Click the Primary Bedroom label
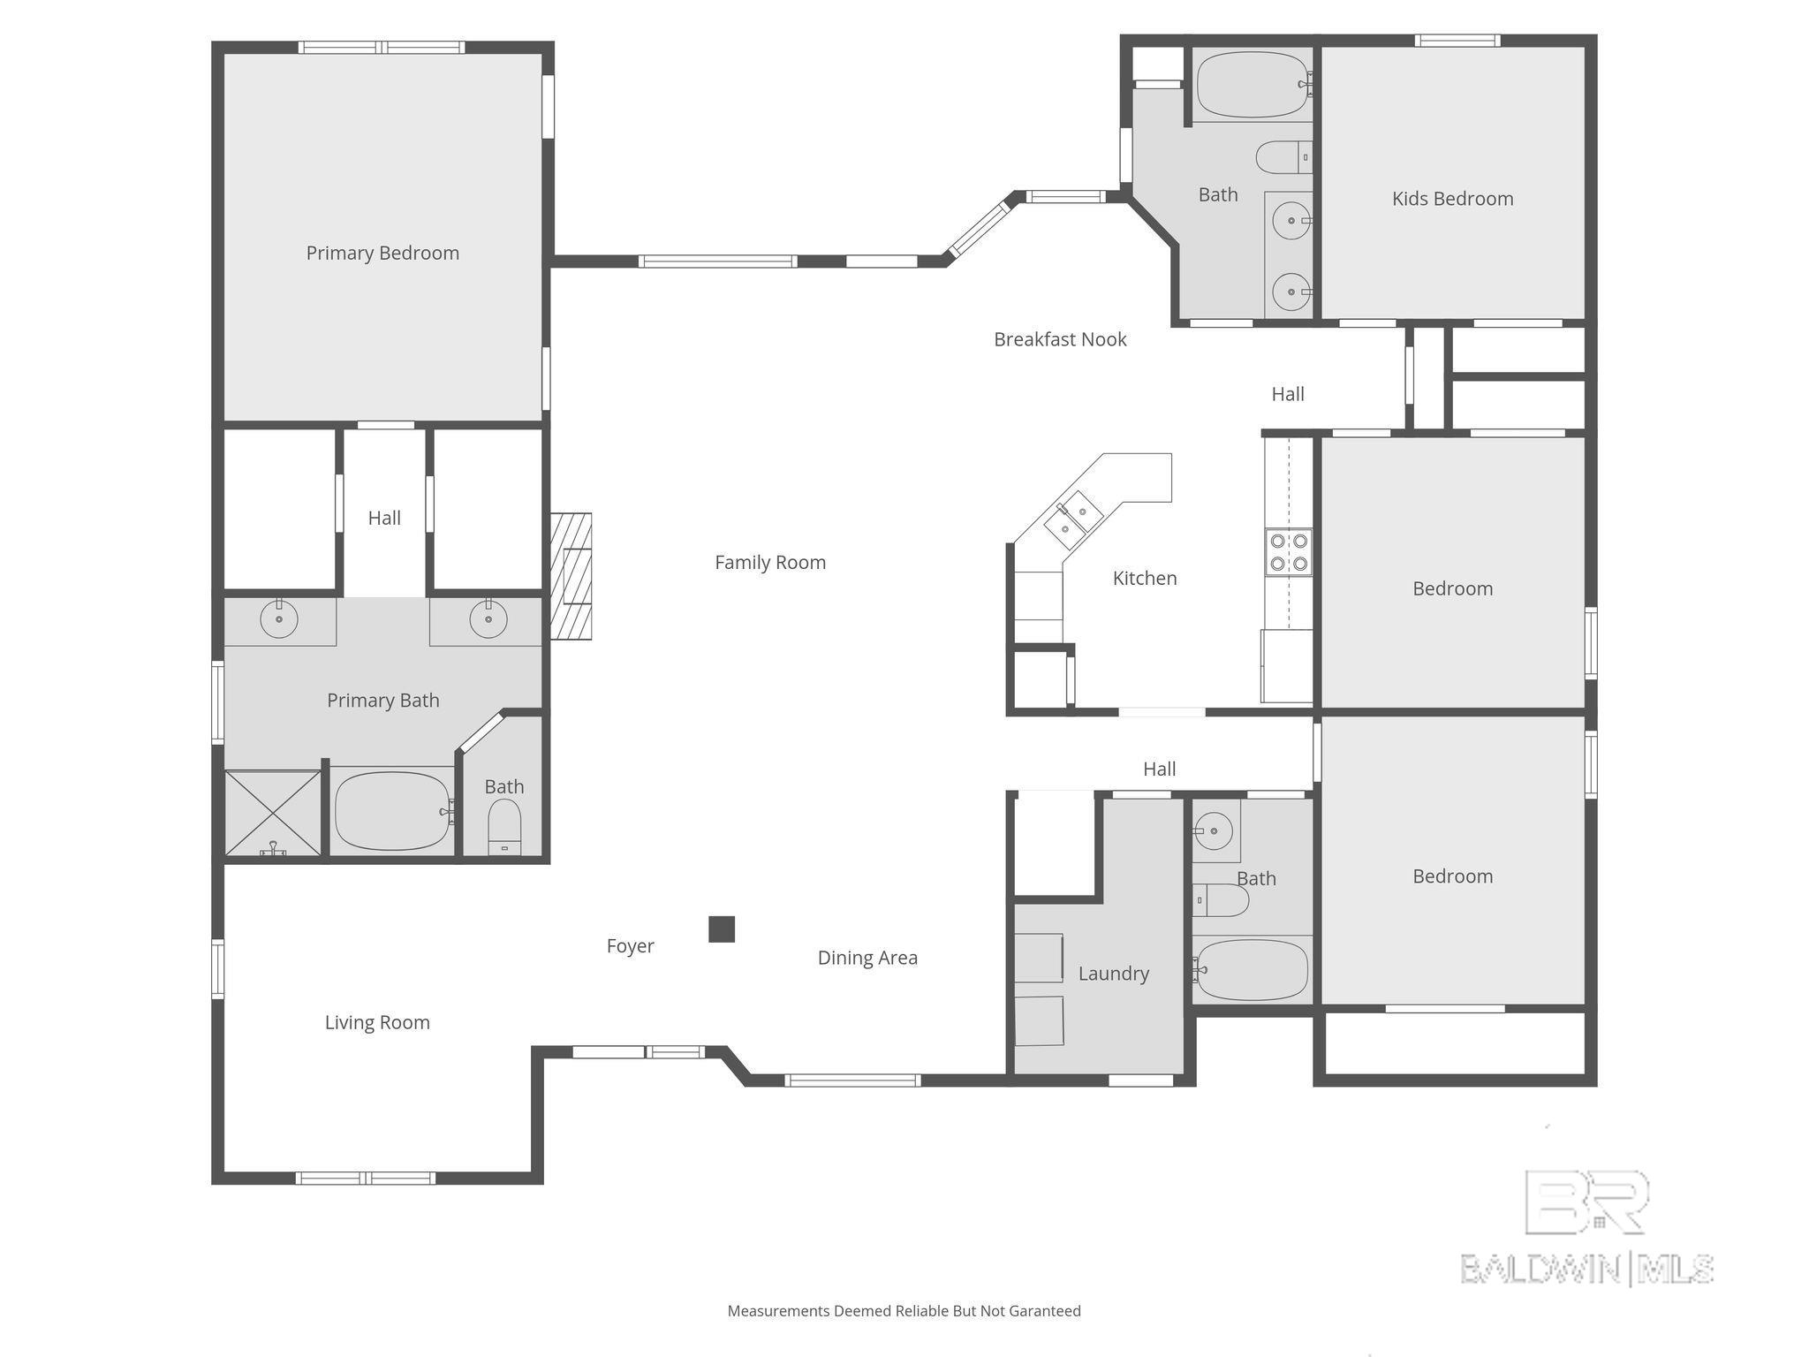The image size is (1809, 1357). point(382,254)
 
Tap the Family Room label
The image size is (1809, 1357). point(770,563)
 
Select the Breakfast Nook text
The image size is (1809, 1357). point(1060,339)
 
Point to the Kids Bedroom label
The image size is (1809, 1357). point(1452,199)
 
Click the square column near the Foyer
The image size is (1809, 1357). point(722,929)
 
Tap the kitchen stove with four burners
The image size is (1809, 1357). point(1288,552)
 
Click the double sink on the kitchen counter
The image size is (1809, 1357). point(1073,520)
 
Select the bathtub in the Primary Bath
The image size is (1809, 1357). point(392,811)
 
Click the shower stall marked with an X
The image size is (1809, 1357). point(273,813)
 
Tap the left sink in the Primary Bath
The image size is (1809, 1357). point(279,618)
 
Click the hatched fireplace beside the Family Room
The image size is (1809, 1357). point(571,576)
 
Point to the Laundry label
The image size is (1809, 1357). point(1114,974)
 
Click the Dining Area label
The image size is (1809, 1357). point(867,958)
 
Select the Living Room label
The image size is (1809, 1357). point(377,1023)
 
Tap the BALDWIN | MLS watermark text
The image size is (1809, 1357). point(1587,1270)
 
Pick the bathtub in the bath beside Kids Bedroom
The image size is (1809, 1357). point(1253,85)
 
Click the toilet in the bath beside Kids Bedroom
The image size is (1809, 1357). point(1283,158)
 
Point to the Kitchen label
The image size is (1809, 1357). point(1145,579)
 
